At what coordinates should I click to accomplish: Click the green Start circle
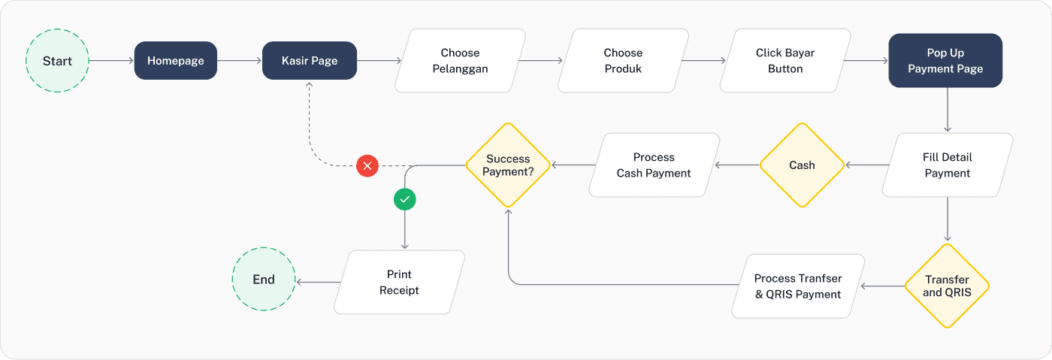(x=57, y=61)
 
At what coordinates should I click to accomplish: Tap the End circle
(x=264, y=280)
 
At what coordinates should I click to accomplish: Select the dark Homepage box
(x=176, y=61)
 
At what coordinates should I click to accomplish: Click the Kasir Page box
(x=309, y=61)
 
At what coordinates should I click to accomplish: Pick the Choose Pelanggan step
(x=461, y=61)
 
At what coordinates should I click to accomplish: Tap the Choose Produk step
(x=623, y=61)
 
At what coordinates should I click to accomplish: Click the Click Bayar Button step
(x=785, y=61)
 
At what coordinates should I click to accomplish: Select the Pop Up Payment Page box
(x=945, y=61)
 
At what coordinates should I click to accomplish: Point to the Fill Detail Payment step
(x=948, y=165)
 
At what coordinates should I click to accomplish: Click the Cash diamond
(x=802, y=165)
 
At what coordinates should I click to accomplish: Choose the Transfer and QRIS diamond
(x=947, y=286)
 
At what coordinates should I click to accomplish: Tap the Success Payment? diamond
(x=508, y=165)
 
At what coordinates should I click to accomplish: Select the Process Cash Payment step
(x=654, y=165)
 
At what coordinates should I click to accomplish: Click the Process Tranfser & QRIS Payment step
(x=798, y=286)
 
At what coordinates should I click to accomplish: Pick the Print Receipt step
(x=399, y=283)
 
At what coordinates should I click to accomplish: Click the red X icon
(x=367, y=165)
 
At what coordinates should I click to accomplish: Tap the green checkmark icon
(x=405, y=199)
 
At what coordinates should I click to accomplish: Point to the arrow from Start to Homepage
(x=111, y=61)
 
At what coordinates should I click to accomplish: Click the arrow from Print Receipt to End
(x=319, y=283)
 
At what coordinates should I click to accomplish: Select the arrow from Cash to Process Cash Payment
(x=737, y=165)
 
